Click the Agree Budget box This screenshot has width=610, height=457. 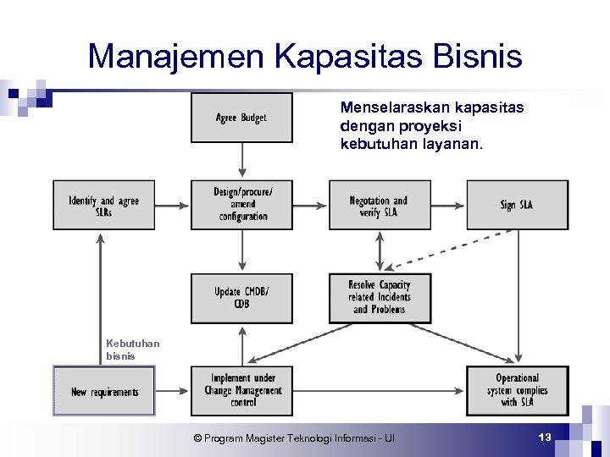(241, 118)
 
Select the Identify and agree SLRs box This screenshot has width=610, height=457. (103, 205)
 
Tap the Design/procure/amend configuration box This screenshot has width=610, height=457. (241, 205)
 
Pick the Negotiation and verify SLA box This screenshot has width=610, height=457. (379, 205)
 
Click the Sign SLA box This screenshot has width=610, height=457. (517, 205)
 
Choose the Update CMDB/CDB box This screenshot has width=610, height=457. (241, 298)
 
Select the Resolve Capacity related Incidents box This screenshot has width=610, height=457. (379, 298)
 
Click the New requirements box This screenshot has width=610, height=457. (104, 391)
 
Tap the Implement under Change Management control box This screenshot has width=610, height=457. (241, 391)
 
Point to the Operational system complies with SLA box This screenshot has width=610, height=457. (517, 391)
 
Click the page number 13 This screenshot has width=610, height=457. (545, 437)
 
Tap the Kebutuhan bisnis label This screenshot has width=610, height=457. (132, 350)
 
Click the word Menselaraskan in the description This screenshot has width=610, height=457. (389, 107)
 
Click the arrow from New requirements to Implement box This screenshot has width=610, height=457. (173, 391)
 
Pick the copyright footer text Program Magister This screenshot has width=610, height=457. (292, 438)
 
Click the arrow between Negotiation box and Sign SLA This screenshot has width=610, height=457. (447, 205)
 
